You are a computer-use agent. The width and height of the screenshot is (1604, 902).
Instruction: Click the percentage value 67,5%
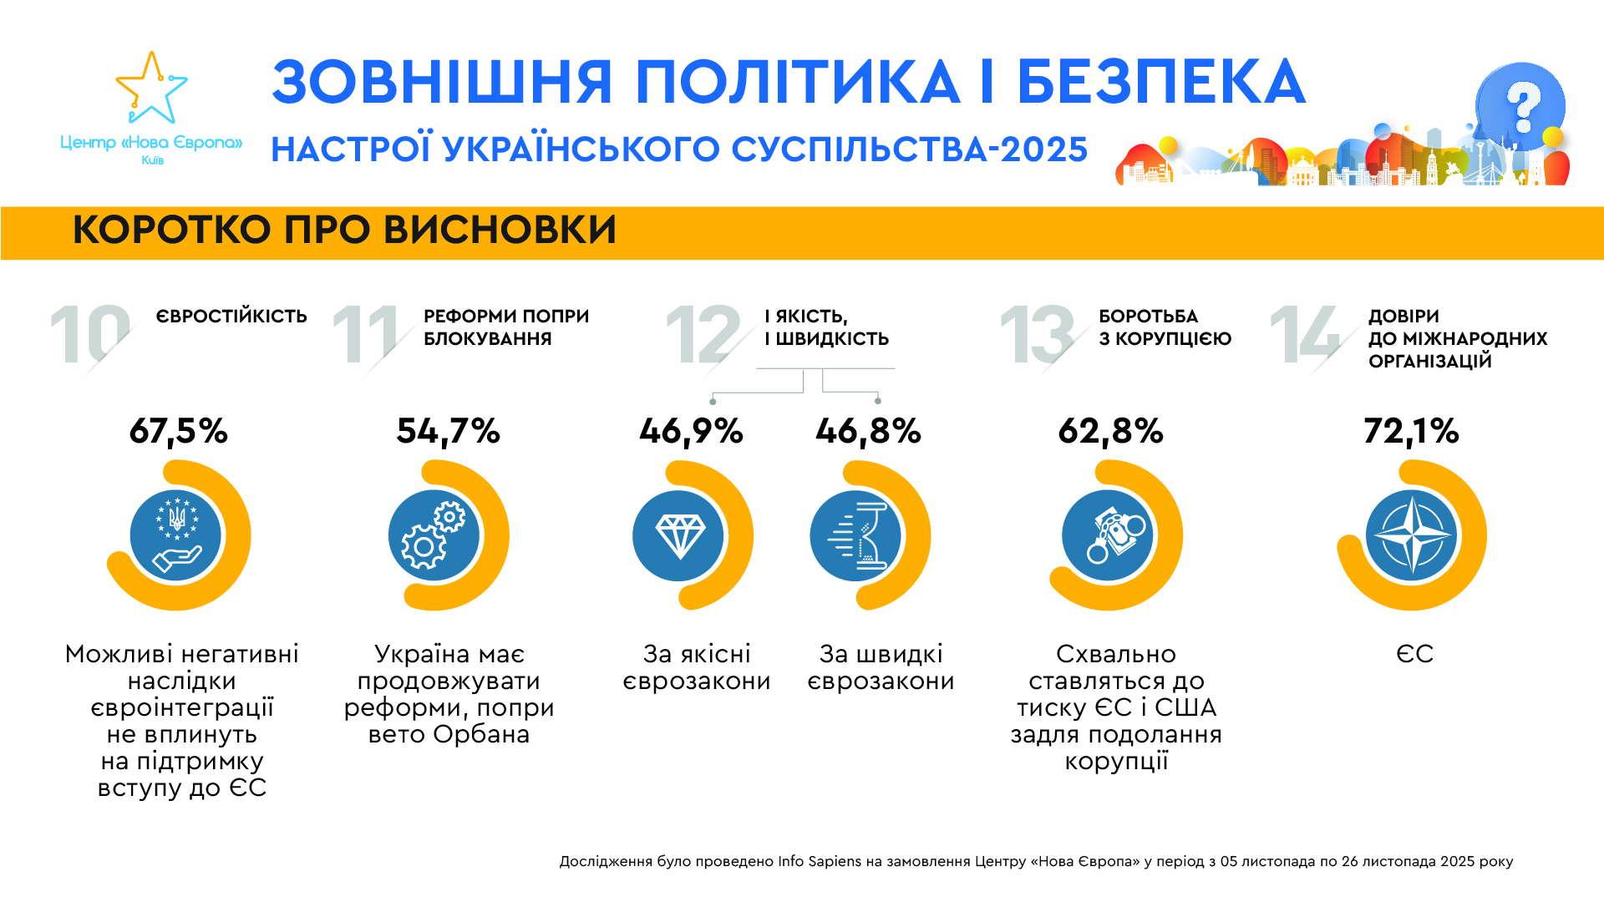pos(179,432)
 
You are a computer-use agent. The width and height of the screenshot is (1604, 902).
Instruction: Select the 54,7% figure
pos(449,432)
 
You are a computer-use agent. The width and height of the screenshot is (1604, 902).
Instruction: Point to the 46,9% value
pos(692,432)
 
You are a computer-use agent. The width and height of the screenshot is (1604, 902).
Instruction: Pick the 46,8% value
pos(869,432)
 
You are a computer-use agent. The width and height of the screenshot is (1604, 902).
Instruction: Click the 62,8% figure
pos(1111,432)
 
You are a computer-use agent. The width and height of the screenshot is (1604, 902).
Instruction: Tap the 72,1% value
pos(1412,432)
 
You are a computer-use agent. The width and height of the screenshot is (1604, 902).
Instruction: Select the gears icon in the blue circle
pos(434,535)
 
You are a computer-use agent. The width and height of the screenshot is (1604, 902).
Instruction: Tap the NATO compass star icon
pos(1412,535)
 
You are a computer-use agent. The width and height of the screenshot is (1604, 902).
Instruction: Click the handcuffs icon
pos(1108,535)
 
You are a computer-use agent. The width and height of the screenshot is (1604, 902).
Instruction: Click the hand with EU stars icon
pos(176,535)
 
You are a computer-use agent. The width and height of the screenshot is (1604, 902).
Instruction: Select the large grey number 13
pos(1037,335)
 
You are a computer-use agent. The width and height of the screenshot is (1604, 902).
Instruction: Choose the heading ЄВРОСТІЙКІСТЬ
pos(231,317)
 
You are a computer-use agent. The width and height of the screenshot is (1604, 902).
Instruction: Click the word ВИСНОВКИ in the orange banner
pos(500,231)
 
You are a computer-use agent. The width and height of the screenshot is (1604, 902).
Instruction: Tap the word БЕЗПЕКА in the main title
pos(1160,83)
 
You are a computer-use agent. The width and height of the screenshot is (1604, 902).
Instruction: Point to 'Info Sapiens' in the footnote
pos(819,861)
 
